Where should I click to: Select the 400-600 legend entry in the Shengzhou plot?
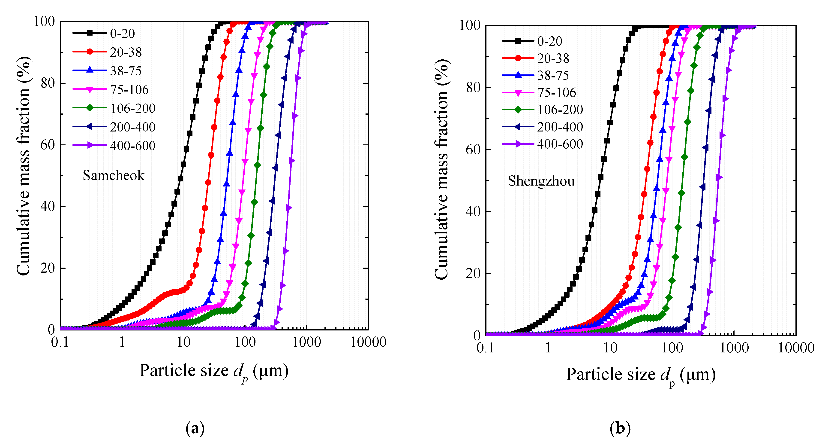560,144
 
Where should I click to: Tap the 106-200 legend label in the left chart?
133,108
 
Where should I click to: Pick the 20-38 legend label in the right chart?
553,58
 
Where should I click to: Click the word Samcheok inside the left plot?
114,175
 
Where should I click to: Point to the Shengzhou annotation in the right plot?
541,181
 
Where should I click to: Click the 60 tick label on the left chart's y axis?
47,145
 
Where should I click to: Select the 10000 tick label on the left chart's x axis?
368,342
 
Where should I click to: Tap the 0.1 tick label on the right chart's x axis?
485,348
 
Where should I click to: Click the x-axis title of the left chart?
214,371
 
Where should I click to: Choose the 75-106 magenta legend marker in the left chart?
90,89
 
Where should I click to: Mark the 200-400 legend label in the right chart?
560,127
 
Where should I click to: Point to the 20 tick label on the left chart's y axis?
47,268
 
